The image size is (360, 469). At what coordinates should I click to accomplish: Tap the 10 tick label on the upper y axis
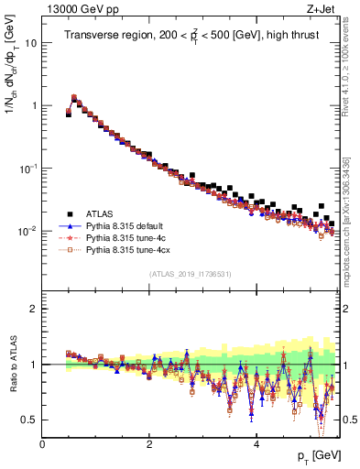(x=30, y=43)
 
